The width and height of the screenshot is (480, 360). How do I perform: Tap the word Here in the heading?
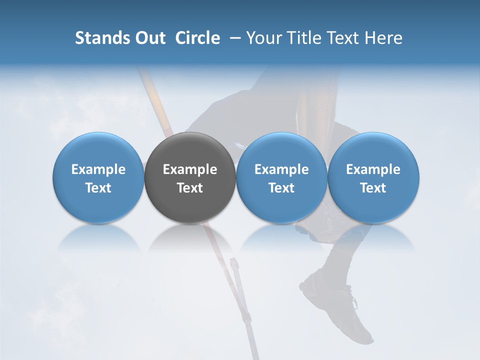pyautogui.click(x=383, y=38)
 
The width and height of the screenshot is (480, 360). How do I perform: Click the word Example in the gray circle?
pyautogui.click(x=190, y=169)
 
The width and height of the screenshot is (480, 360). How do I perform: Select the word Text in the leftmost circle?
pyautogui.click(x=98, y=188)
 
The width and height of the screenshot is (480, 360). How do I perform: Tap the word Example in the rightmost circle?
pyautogui.click(x=373, y=169)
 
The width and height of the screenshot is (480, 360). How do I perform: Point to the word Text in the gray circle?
pyautogui.click(x=190, y=188)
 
